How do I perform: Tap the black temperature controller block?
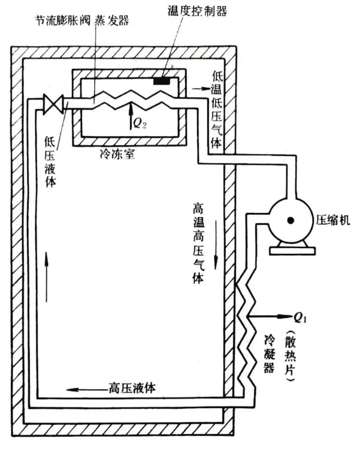point(161,81)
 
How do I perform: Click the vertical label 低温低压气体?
point(216,111)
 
